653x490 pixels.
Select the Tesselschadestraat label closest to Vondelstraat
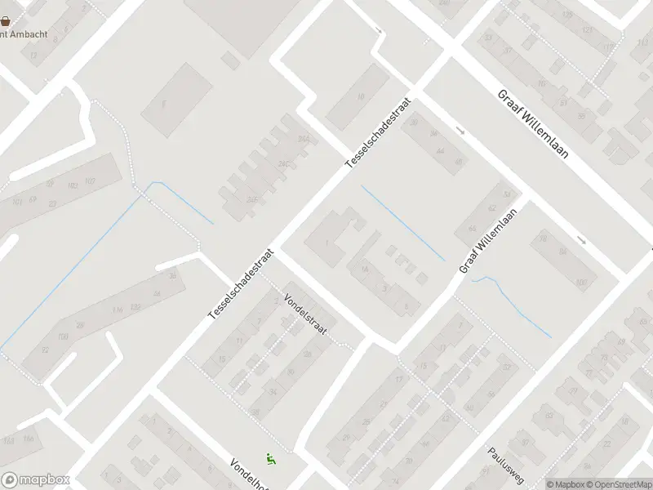click(x=242, y=284)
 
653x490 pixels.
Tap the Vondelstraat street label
click(x=305, y=315)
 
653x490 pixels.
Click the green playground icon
click(x=271, y=460)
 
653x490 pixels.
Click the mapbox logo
click(x=36, y=480)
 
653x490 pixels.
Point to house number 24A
click(x=282, y=140)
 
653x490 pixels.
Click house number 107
click(x=90, y=180)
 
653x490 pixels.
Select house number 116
click(x=118, y=310)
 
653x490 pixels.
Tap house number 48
click(x=459, y=162)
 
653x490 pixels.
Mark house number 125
click(x=587, y=30)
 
